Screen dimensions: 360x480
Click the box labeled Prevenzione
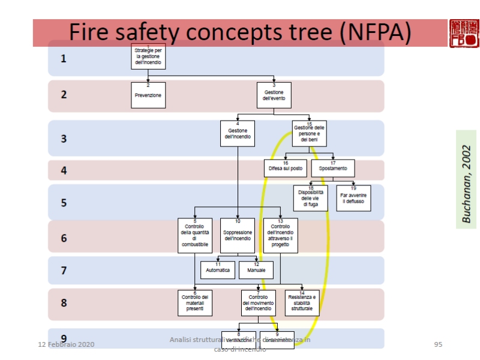[x=148, y=95]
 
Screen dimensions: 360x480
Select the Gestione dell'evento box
[x=274, y=95]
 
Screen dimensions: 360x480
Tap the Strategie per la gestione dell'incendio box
[x=148, y=57]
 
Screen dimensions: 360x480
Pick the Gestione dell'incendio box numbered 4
[x=238, y=133]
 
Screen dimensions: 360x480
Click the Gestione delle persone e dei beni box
[x=310, y=133]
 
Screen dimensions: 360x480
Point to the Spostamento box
[x=332, y=168]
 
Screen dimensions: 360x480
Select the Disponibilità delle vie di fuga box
[x=310, y=198]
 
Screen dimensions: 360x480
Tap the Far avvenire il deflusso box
[x=353, y=198]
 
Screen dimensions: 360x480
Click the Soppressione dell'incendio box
[x=238, y=235]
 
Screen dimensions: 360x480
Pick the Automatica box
[x=218, y=270]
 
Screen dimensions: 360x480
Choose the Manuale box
[x=256, y=270]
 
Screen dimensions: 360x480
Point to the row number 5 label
[x=64, y=203]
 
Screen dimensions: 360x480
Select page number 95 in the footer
[x=438, y=344]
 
